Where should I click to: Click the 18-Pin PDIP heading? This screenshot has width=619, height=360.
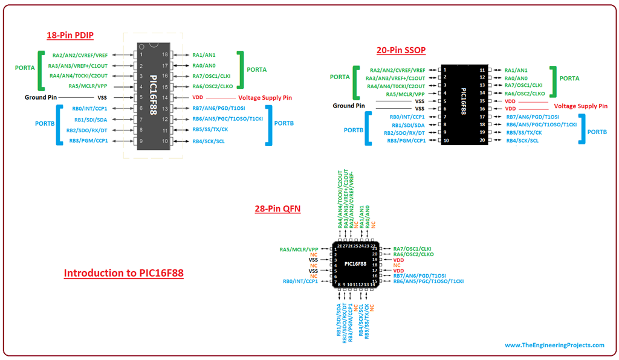click(x=70, y=35)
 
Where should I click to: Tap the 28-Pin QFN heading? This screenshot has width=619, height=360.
click(x=278, y=209)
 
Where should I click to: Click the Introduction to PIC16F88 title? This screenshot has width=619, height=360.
click(x=124, y=273)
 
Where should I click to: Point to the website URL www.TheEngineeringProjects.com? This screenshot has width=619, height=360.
click(x=554, y=345)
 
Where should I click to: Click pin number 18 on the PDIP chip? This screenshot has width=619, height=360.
click(x=164, y=54)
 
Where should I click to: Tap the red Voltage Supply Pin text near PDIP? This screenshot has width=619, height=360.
click(x=265, y=97)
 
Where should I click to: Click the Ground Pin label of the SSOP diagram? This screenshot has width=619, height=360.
click(x=349, y=106)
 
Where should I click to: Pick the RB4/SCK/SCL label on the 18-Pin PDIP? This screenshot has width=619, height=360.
click(x=209, y=141)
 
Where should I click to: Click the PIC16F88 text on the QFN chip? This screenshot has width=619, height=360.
click(x=355, y=264)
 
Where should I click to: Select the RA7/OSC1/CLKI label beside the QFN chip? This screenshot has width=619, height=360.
click(x=412, y=249)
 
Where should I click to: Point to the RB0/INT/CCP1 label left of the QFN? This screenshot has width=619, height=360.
click(x=300, y=281)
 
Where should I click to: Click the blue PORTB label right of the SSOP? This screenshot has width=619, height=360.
click(x=597, y=132)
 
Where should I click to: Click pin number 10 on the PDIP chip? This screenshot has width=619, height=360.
click(x=164, y=141)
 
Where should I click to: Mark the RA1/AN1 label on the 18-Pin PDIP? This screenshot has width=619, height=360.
click(x=204, y=54)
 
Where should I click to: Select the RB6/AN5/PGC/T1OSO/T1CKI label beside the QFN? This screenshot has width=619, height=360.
click(x=429, y=281)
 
